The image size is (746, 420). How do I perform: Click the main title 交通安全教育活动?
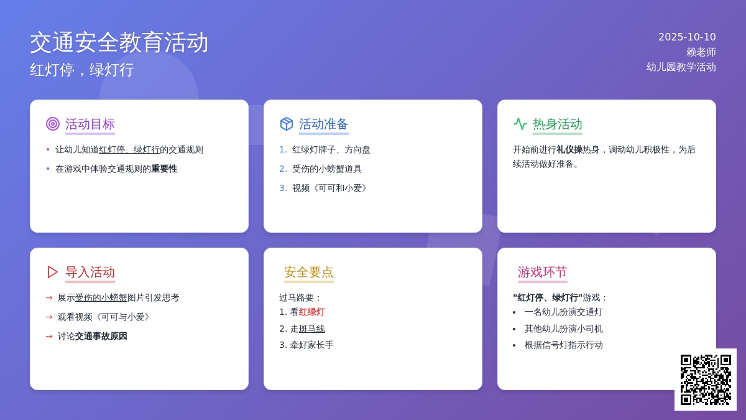coord(119,42)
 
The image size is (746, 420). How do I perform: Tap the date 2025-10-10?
coord(687,37)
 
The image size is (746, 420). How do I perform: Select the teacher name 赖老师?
coord(701,52)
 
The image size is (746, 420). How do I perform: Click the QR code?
coord(706,380)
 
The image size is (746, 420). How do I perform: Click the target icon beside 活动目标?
coord(53,124)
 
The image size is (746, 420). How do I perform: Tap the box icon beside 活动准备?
coord(287,124)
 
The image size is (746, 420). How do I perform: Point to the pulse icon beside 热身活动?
coord(520,124)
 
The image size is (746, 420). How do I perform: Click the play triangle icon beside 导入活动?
coord(52,272)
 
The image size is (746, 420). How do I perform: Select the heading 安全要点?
coord(309,272)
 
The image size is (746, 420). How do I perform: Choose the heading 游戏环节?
coord(543,272)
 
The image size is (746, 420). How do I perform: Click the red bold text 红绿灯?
coord(311,312)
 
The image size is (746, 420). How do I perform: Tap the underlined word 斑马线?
coord(311,329)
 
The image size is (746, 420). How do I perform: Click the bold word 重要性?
coord(164,169)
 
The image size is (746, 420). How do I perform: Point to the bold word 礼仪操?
coord(569,149)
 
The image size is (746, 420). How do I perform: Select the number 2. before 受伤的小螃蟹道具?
coord(283,169)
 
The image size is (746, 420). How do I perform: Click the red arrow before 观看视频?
coord(49,317)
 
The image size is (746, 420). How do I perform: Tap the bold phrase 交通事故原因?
coord(101,336)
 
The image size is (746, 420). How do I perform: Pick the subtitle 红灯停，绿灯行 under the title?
coord(82,70)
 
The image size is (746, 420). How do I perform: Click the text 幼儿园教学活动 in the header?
coord(681,67)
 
